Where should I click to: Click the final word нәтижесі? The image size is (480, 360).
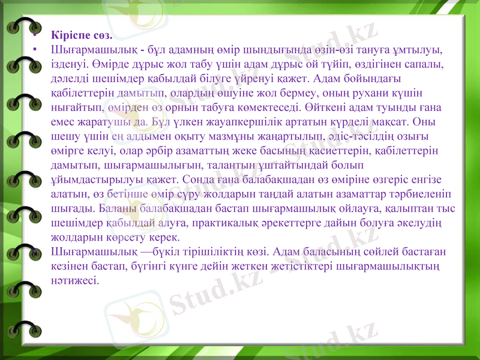(x=75, y=280)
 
